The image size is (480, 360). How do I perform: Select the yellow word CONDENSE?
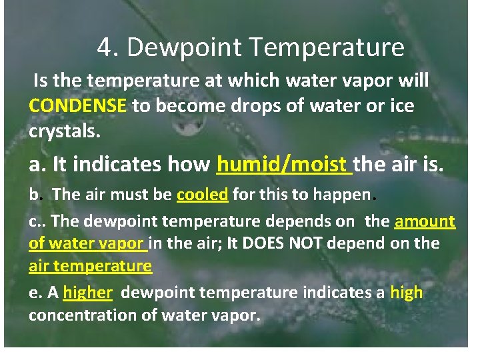point(77,105)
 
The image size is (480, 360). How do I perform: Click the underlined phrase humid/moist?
point(283,163)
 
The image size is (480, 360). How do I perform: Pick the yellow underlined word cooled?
point(203,195)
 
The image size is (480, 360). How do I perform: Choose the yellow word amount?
point(425,221)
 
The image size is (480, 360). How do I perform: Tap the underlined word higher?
point(87,292)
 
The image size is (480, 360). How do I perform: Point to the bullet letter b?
point(33,195)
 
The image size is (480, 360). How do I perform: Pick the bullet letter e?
point(33,293)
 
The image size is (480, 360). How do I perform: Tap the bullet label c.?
point(33,221)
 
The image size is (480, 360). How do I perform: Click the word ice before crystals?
point(401,105)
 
